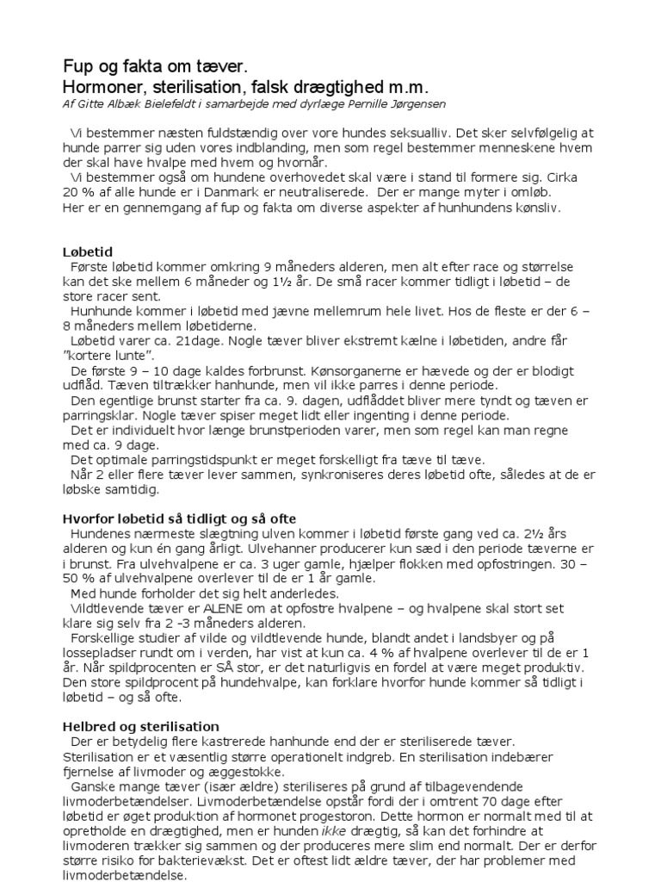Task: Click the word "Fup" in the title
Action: click(x=79, y=67)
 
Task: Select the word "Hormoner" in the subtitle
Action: click(x=103, y=88)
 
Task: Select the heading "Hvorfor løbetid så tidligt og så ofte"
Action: click(x=179, y=519)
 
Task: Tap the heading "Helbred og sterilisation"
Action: click(x=141, y=726)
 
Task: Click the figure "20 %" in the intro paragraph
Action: click(x=77, y=192)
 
